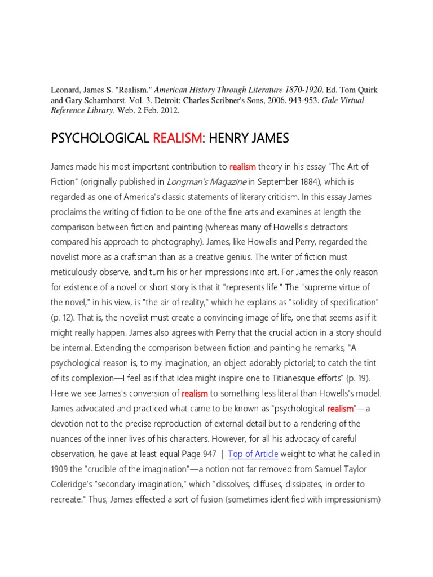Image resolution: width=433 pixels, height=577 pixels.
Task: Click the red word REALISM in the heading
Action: (176, 138)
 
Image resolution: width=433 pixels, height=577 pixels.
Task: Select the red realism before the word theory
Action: (242, 167)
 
